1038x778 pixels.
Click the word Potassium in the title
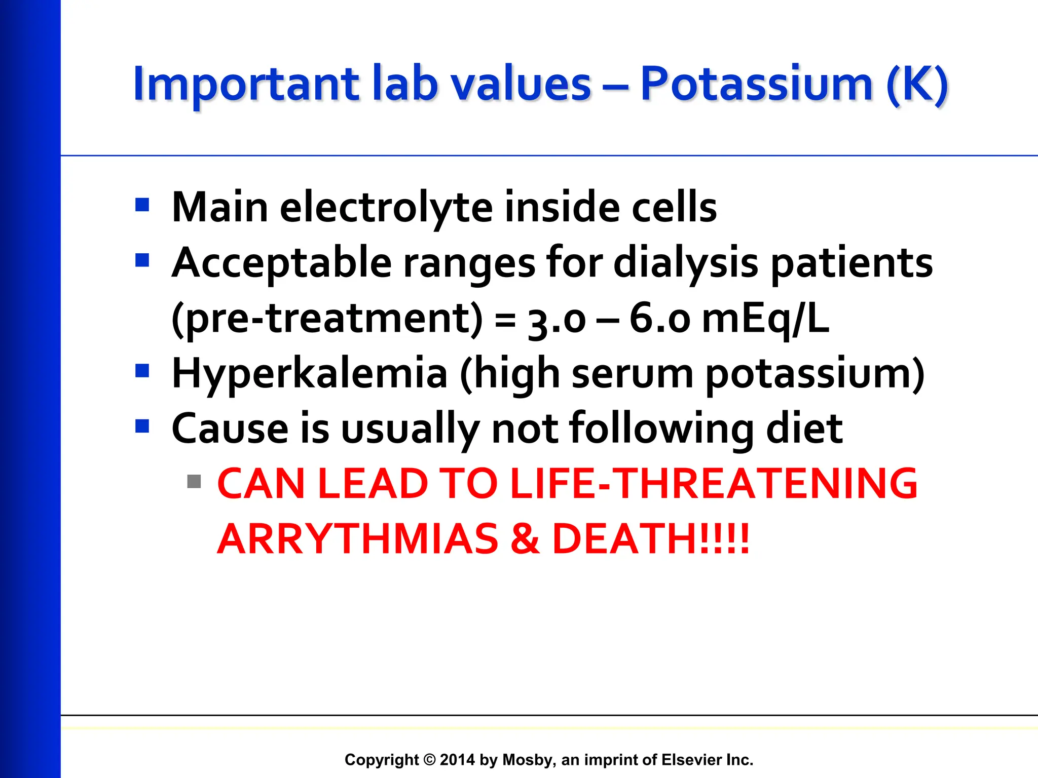tap(756, 84)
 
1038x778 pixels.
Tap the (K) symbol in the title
tap(917, 85)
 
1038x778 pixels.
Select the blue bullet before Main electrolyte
tap(142, 205)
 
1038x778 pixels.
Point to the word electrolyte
tap(386, 207)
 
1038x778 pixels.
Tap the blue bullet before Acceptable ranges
tap(142, 260)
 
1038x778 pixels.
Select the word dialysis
tap(686, 263)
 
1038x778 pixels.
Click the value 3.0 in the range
tap(557, 320)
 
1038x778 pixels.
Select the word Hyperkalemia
tap(309, 373)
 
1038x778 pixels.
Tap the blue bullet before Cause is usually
tap(142, 426)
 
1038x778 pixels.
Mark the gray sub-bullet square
tap(194, 481)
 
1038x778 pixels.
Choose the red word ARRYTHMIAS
tap(358, 538)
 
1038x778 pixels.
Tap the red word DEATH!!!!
tap(650, 538)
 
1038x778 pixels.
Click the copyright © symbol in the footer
tap(429, 760)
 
